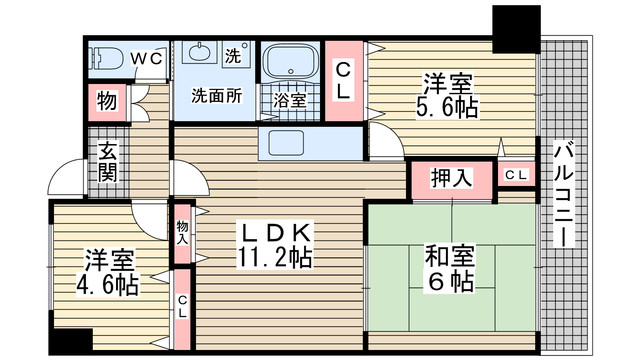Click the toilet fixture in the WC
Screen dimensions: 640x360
[x=107, y=60]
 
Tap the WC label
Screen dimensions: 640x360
[x=147, y=59]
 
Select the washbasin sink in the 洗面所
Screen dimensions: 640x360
[x=198, y=52]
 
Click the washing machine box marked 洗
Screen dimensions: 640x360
[x=236, y=52]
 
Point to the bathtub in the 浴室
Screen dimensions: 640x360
[x=290, y=60]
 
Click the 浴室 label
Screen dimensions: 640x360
[x=289, y=100]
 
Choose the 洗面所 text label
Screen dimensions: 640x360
[x=216, y=96]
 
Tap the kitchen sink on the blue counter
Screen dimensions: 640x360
[x=286, y=143]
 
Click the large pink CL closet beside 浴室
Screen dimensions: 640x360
[x=344, y=81]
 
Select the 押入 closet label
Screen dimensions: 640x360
[x=452, y=178]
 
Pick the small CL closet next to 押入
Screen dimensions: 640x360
[x=516, y=175]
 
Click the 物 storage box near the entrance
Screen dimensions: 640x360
[x=107, y=102]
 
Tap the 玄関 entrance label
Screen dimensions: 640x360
[x=108, y=162]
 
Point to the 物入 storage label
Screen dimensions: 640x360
[x=182, y=233]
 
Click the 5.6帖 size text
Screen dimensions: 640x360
[x=447, y=108]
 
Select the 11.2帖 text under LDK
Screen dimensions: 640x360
[x=275, y=258]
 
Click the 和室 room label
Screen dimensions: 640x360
[x=450, y=256]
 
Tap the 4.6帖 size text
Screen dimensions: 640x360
[x=108, y=285]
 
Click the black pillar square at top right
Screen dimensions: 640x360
[x=516, y=29]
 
